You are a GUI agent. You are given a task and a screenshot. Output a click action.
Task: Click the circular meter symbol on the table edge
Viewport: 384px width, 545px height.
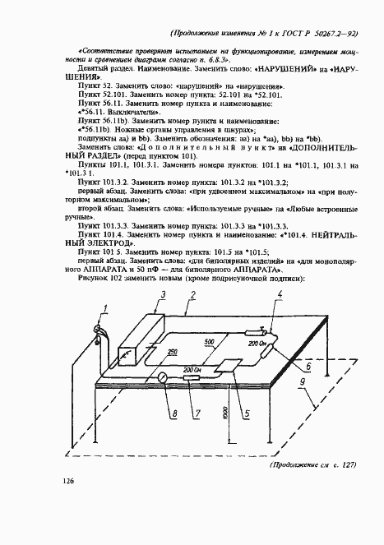click(x=163, y=377)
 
